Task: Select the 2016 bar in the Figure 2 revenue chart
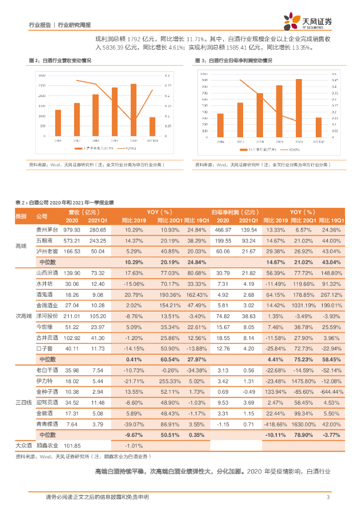58,123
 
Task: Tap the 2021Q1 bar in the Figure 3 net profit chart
318,128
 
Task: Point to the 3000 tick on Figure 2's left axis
42,75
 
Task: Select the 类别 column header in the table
21,216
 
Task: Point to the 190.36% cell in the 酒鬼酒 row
169,294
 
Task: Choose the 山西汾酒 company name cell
47,273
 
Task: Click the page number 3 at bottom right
328,497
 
